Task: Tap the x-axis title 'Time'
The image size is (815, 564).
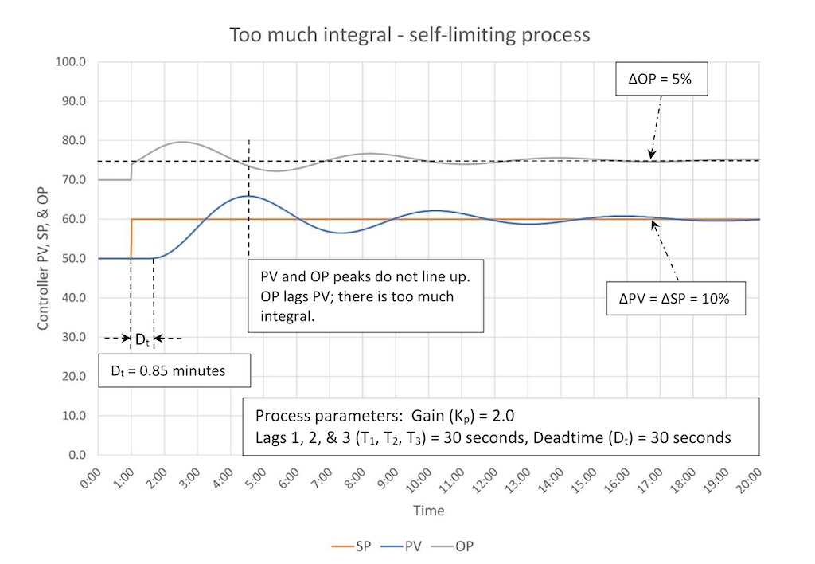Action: pyautogui.click(x=428, y=511)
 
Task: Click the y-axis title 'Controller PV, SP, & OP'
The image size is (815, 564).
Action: pyautogui.click(x=42, y=258)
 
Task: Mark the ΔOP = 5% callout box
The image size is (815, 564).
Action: pyautogui.click(x=663, y=80)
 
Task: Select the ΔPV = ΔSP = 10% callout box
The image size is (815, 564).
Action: pyautogui.click(x=677, y=298)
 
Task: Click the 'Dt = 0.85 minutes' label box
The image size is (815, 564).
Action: pyautogui.click(x=174, y=370)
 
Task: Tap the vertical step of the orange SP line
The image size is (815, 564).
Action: pyautogui.click(x=131, y=239)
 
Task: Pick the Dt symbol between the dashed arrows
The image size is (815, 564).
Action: pyautogui.click(x=142, y=339)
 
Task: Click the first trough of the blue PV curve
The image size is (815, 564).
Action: pyautogui.click(x=341, y=233)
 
